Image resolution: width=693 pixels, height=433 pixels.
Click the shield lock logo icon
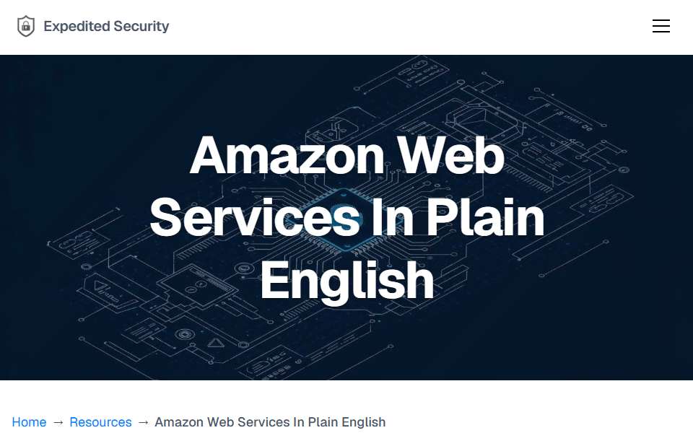[x=26, y=26]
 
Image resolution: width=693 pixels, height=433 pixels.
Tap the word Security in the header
[x=141, y=27]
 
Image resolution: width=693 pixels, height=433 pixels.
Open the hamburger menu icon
[x=661, y=26]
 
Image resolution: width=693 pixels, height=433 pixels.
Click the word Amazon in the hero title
[x=287, y=156]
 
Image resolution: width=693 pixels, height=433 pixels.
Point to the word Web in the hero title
[x=450, y=156]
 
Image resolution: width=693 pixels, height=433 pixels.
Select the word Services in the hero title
[x=255, y=218]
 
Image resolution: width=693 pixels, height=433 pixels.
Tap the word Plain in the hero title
[x=485, y=218]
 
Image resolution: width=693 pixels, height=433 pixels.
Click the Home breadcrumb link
[x=29, y=422]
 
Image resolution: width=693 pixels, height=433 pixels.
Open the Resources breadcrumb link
[x=101, y=422]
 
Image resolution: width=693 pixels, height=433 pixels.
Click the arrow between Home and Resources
[x=58, y=422]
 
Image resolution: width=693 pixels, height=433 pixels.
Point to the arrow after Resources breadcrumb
[x=143, y=422]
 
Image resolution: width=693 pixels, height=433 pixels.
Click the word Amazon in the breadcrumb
[x=179, y=422]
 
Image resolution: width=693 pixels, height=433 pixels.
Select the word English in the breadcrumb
[x=364, y=422]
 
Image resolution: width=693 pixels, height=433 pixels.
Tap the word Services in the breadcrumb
[x=263, y=422]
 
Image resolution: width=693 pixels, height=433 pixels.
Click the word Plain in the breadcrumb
[x=323, y=422]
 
